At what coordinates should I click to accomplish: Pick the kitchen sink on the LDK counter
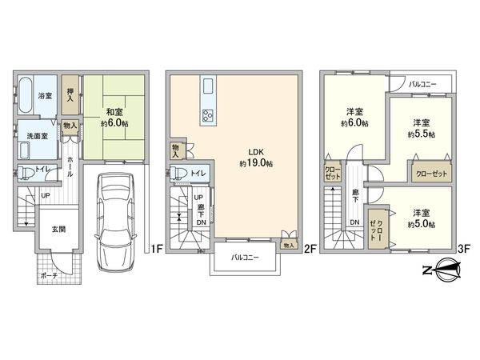(x=208, y=86)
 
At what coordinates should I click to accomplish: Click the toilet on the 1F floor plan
(x=26, y=172)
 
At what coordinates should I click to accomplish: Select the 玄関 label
(x=49, y=230)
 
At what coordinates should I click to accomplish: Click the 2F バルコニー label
(x=246, y=258)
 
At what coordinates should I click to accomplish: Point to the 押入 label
(x=71, y=94)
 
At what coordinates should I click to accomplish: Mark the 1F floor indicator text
(x=157, y=249)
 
